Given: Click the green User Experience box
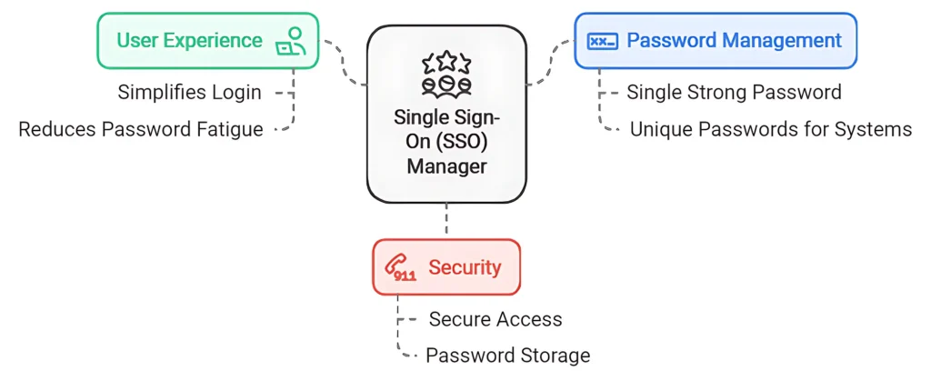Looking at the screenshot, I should (207, 41).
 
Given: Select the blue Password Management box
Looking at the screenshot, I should (715, 41).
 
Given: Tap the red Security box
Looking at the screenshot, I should (445, 267).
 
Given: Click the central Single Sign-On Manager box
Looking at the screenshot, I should (446, 114).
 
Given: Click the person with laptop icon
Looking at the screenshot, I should (290, 41).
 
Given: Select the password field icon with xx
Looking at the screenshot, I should (602, 41).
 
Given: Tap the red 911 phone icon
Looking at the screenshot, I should (401, 267).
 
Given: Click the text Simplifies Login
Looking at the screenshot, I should (189, 93).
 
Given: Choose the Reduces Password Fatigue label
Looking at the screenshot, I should (141, 129).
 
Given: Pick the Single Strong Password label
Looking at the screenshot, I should (735, 93).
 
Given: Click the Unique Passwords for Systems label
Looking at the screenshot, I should (770, 129).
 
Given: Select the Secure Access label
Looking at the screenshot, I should (496, 319).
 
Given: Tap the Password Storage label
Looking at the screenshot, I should (508, 356).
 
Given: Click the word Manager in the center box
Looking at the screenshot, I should (446, 166).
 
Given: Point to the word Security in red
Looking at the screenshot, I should (465, 267).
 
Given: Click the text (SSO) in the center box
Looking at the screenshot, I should (474, 142).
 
